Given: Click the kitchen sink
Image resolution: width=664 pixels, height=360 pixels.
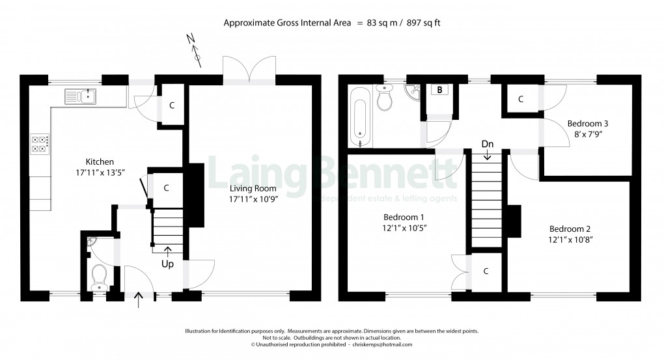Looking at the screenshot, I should click(80, 97).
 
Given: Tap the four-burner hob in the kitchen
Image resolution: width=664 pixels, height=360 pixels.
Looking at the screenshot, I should click(40, 144).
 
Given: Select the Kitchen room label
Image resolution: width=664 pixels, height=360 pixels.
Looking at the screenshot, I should click(100, 162).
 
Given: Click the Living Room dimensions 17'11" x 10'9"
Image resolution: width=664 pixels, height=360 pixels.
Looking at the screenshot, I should click(253, 201).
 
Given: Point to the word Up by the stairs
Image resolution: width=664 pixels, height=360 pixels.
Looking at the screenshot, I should click(168, 265).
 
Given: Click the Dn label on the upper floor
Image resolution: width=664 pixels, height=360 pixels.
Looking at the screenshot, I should click(488, 144).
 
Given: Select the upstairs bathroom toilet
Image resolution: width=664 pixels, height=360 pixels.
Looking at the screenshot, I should click(384, 100).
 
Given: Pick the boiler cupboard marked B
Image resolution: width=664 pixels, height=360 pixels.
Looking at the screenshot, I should click(440, 90).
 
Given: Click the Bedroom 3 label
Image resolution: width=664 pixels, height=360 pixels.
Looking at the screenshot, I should click(587, 123).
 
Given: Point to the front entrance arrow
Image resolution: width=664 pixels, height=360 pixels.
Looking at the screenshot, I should click(139, 300).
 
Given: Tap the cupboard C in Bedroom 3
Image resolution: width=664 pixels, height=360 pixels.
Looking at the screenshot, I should click(520, 100).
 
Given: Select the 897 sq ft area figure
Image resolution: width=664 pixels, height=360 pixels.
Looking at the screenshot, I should click(422, 23).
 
